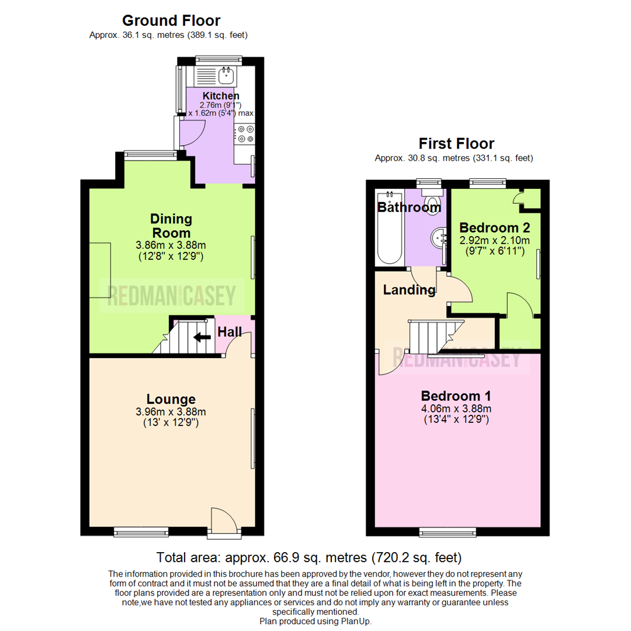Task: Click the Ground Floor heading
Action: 171,21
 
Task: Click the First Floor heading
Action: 456,144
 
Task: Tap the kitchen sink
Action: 226,75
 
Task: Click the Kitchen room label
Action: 220,96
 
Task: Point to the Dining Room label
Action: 171,226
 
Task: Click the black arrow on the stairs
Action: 202,337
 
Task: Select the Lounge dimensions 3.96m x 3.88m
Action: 171,412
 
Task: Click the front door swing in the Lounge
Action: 223,519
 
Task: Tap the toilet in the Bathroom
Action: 433,199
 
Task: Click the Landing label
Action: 409,290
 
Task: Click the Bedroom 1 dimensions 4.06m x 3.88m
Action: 456,408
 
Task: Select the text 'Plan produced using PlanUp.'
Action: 315,621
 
